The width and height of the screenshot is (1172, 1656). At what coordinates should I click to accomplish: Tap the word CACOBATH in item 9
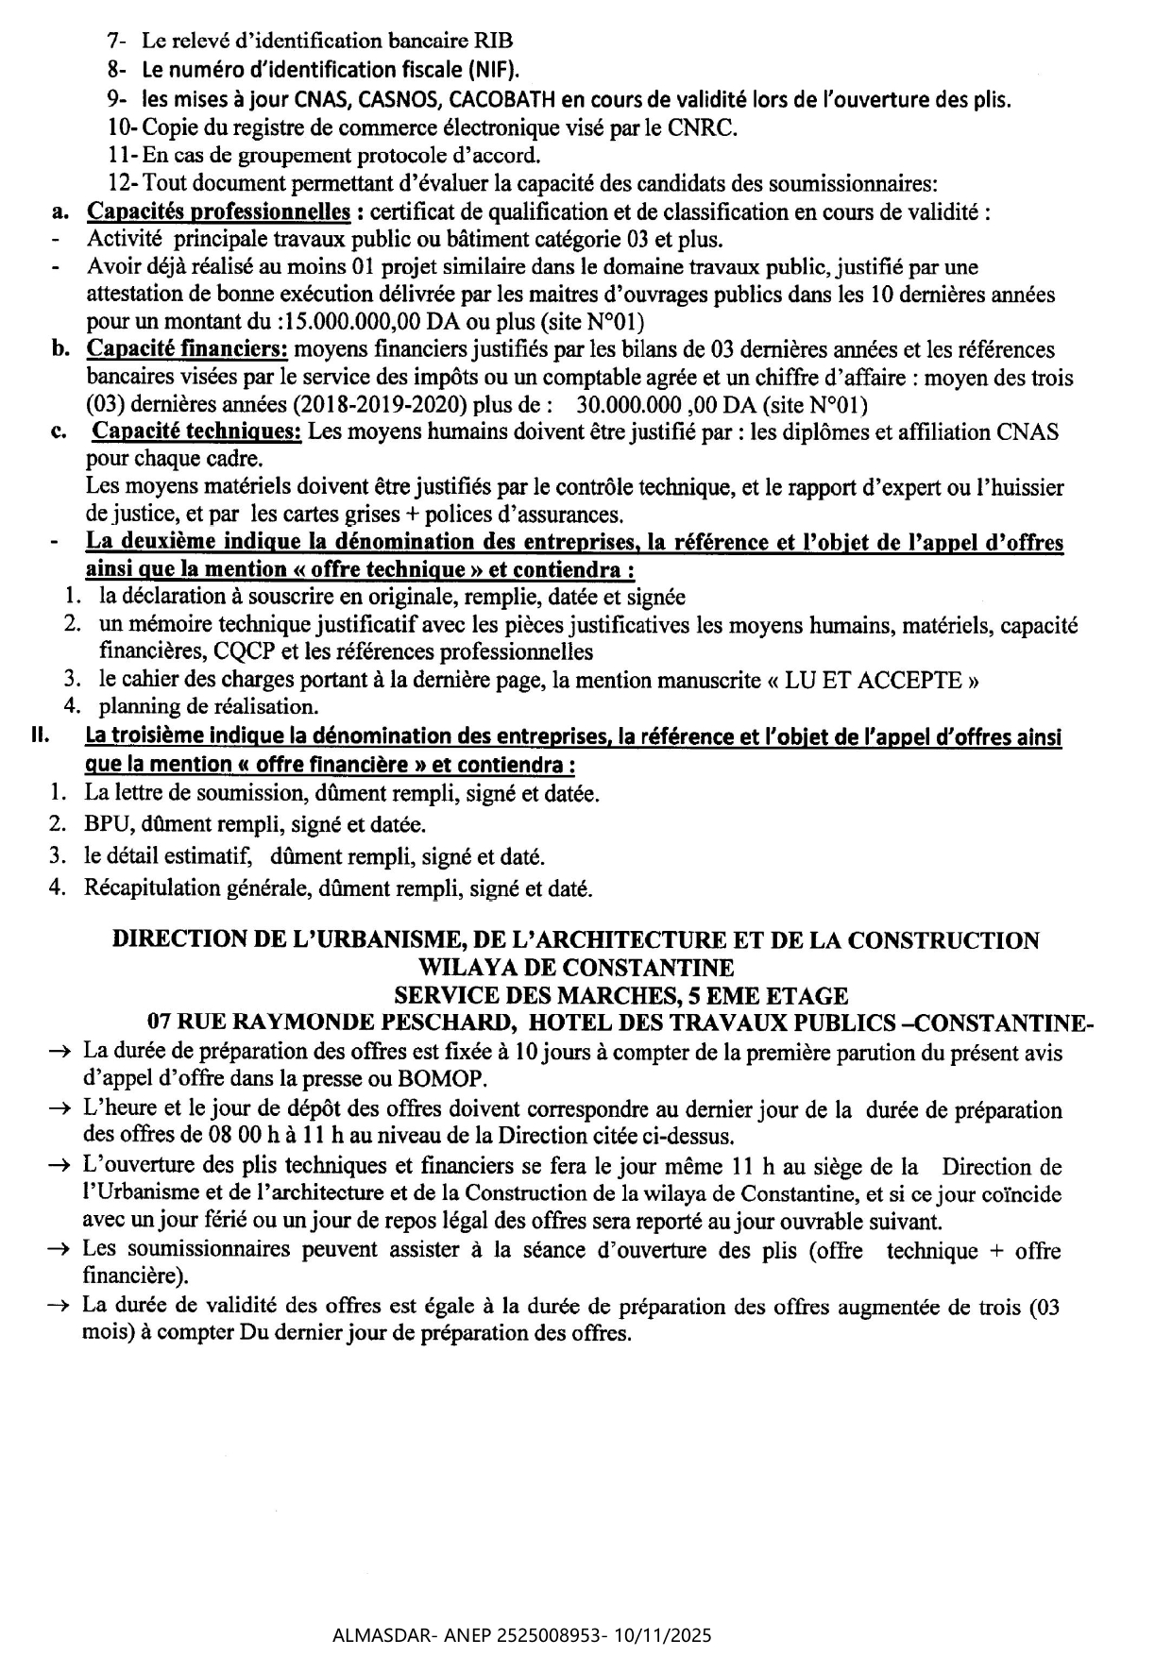point(500,99)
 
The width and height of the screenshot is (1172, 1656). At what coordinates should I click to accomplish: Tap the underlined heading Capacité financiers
point(187,349)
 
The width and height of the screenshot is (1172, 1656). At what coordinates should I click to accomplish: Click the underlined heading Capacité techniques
point(196,432)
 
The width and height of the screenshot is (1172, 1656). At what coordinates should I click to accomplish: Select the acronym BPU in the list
point(104,824)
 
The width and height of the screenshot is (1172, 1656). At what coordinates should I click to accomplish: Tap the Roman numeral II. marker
point(40,736)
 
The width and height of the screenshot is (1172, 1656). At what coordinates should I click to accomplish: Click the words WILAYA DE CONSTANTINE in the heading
point(575,968)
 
